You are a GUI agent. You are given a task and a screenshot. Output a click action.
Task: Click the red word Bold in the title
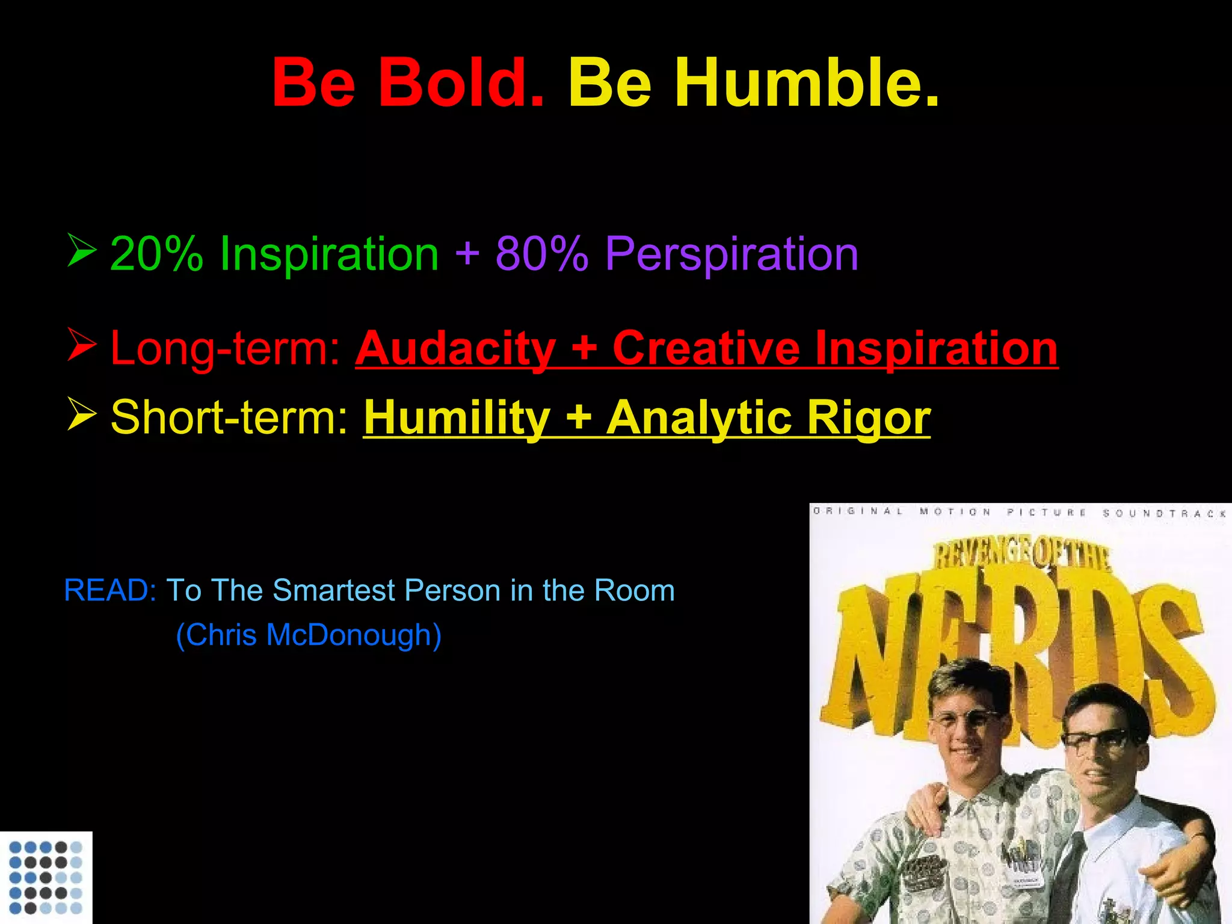click(460, 82)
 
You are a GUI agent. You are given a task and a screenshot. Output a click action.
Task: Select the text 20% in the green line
click(156, 254)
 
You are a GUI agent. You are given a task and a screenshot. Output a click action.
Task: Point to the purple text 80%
click(541, 254)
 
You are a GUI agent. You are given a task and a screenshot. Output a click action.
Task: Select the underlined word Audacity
click(455, 349)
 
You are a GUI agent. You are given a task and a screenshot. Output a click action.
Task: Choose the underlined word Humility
click(457, 417)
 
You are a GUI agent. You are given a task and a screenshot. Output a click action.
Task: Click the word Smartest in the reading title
click(333, 590)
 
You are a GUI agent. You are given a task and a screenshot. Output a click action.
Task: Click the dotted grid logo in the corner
click(46, 877)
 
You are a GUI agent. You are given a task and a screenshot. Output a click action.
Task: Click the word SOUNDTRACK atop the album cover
click(1165, 513)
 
